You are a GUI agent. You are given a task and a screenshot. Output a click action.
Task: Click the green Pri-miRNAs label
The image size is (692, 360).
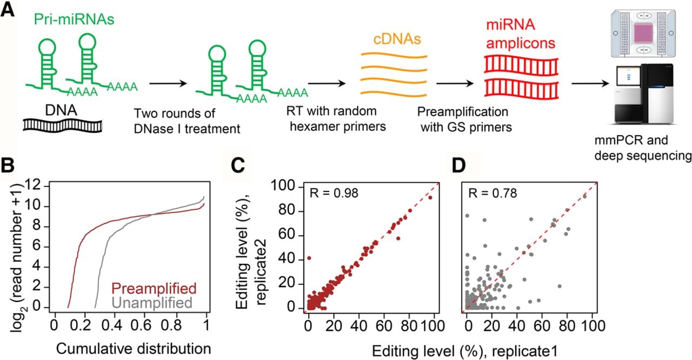click(x=74, y=19)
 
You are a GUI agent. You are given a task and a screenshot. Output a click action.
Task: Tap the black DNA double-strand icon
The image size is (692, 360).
click(x=62, y=126)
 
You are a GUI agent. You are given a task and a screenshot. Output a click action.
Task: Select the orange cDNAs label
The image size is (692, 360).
click(x=397, y=39)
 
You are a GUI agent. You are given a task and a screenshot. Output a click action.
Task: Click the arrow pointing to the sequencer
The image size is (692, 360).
click(x=590, y=83)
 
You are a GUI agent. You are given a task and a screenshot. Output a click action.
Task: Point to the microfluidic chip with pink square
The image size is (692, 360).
click(x=643, y=34)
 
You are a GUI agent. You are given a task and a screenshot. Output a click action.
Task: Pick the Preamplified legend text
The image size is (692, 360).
click(x=154, y=288)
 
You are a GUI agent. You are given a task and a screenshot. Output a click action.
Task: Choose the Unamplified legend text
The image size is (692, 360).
click(x=152, y=303)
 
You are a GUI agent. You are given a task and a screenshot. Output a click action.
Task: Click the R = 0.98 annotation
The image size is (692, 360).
click(x=334, y=194)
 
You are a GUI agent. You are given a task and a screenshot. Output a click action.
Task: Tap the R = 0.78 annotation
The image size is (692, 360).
click(x=493, y=194)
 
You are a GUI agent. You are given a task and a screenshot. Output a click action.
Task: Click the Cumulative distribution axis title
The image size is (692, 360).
click(x=134, y=349)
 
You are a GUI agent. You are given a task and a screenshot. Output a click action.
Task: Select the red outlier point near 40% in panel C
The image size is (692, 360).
click(x=309, y=258)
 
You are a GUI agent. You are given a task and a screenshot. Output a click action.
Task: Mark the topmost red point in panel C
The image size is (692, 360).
click(x=430, y=198)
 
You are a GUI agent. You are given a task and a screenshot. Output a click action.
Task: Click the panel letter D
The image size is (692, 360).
click(x=458, y=166)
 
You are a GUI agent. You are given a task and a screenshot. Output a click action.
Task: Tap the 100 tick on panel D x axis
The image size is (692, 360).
click(x=592, y=326)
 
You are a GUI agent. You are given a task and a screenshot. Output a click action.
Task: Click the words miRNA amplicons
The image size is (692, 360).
click(x=521, y=34)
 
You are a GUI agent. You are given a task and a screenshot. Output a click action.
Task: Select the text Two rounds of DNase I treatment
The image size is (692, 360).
click(x=187, y=121)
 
